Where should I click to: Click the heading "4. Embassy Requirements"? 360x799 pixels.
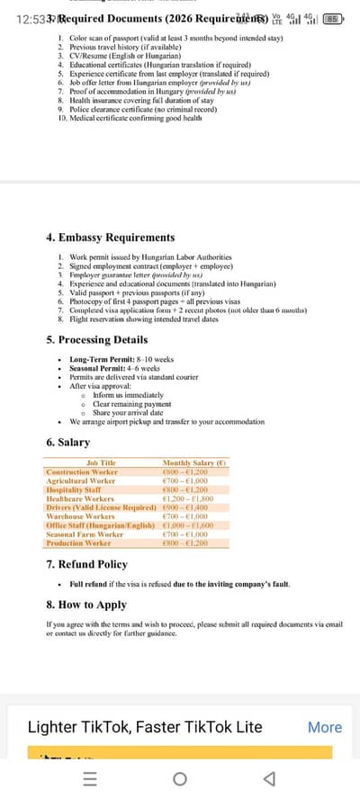110,238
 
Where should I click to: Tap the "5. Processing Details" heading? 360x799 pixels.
96,340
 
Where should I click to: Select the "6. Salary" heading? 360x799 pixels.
67,443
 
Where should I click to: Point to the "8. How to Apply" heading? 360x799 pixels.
86,605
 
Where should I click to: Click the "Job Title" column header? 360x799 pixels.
101,462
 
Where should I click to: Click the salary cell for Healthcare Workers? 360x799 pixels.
186,498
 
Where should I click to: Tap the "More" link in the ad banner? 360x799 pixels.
324,727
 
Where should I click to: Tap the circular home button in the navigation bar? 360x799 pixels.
179,779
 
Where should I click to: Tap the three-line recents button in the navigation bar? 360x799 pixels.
89,779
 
